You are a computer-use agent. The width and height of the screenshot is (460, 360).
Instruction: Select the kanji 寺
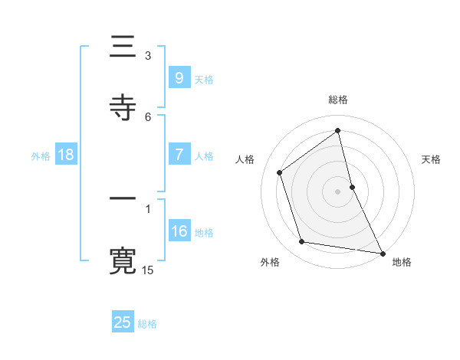123,106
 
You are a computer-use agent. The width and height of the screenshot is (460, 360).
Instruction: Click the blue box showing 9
179,77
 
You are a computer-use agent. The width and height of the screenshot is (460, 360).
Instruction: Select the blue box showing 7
179,155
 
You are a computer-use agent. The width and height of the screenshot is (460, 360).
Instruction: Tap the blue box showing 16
179,231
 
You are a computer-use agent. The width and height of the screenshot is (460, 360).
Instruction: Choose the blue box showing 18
66,155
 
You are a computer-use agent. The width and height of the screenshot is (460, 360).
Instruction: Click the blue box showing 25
123,322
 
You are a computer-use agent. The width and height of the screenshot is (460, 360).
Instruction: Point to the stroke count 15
148,270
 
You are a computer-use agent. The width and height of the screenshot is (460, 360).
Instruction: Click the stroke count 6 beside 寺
148,116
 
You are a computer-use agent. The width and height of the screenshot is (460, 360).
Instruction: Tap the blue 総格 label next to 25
147,324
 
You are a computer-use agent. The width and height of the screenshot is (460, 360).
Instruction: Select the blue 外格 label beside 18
41,156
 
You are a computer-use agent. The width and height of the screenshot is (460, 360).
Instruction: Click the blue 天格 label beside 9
204,79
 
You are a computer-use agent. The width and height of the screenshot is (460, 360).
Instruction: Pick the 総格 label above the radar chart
338,100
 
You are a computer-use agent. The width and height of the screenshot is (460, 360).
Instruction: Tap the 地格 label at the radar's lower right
402,263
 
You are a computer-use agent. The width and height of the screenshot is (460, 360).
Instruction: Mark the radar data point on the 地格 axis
381,252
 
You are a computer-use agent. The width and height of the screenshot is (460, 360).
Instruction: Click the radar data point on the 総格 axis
338,130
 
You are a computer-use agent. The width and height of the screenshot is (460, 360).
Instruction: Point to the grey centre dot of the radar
338,191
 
